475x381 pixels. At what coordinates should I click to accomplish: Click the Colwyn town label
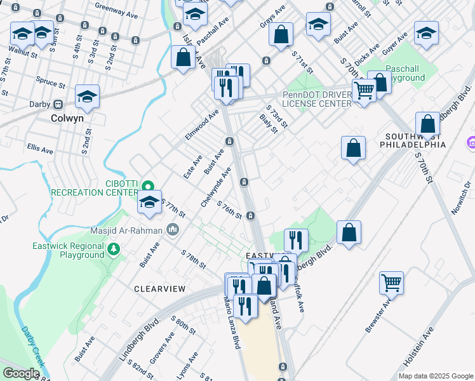pos(69,118)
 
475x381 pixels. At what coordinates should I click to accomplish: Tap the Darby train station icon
pos(58,104)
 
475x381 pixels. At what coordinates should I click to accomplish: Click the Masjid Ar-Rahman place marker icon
pos(172,229)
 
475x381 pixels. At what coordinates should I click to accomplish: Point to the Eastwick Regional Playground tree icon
pos(113,249)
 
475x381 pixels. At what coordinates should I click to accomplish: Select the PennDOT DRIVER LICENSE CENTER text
pos(316,99)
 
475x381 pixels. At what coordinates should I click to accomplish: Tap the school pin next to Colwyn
pos(88,97)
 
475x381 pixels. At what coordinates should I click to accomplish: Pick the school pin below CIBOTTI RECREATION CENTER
pos(150,203)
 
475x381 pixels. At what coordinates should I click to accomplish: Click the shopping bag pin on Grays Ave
pos(281,34)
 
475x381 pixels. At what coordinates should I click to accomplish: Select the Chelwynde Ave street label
pos(216,186)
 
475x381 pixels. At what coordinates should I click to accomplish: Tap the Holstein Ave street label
pos(418,347)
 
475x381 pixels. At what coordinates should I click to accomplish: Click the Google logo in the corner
pos(21,373)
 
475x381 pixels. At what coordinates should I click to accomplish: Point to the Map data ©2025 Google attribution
pos(435,376)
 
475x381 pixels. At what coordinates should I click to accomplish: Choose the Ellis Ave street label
pos(40,150)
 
